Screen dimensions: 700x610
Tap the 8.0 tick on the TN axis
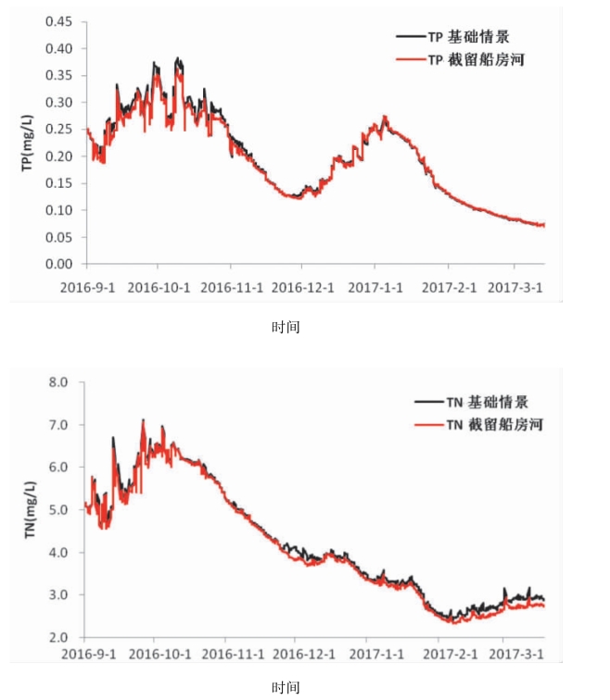[58, 382]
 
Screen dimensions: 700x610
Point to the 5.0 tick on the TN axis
[58, 510]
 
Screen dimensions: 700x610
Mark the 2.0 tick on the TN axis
[58, 638]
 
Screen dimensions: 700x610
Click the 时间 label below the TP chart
[286, 327]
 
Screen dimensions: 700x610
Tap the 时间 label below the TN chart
[286, 687]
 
